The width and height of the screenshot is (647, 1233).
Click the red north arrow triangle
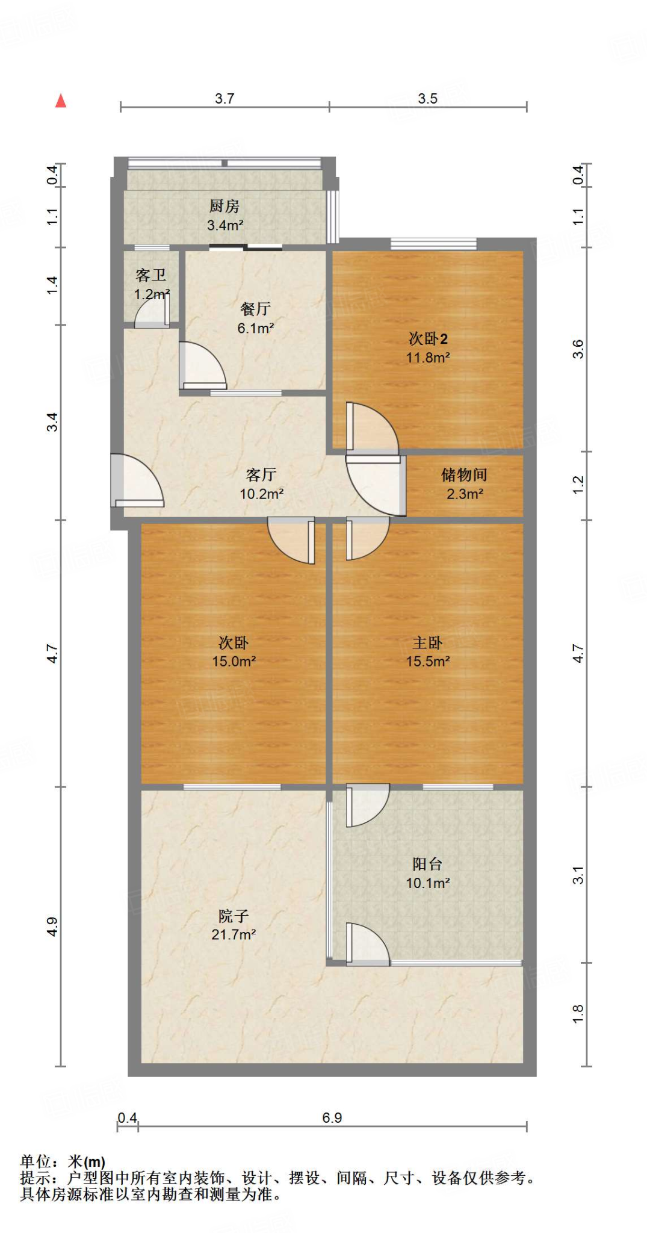point(61,101)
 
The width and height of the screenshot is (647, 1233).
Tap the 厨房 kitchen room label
point(224,207)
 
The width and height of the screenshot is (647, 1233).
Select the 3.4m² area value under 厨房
point(225,226)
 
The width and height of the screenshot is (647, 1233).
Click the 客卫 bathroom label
point(151,276)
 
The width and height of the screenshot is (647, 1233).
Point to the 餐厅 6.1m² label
point(255,318)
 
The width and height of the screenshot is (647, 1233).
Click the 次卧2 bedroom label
point(428,339)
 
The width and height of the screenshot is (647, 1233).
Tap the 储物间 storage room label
point(464,475)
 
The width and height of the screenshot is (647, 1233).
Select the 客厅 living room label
point(261,475)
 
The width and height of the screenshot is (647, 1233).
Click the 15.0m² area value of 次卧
point(234,662)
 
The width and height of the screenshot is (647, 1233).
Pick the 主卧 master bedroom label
point(428,643)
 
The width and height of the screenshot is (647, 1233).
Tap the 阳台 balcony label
point(428,865)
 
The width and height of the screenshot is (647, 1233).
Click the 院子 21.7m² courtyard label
point(234,925)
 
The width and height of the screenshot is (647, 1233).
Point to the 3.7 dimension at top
point(224,98)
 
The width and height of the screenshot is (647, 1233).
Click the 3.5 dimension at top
point(428,98)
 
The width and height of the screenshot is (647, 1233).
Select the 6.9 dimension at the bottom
point(332,1118)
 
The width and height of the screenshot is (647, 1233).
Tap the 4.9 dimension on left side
point(52,927)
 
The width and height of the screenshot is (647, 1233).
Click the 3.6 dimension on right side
point(578,349)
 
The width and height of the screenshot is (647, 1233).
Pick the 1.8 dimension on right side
point(578,1014)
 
